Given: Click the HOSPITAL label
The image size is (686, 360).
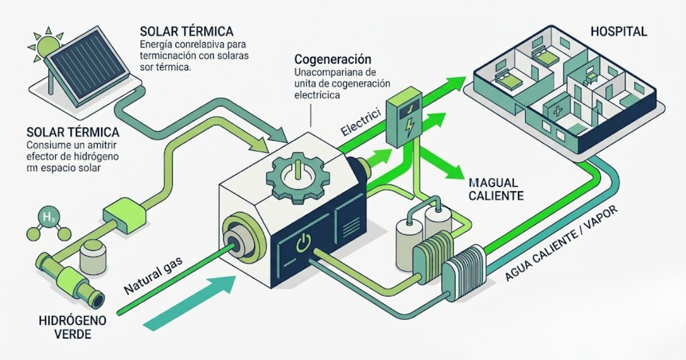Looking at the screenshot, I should click(x=620, y=31).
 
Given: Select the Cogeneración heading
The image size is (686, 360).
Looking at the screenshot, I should click(x=333, y=59).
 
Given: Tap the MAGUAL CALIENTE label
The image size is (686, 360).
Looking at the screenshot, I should click(x=496, y=189).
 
